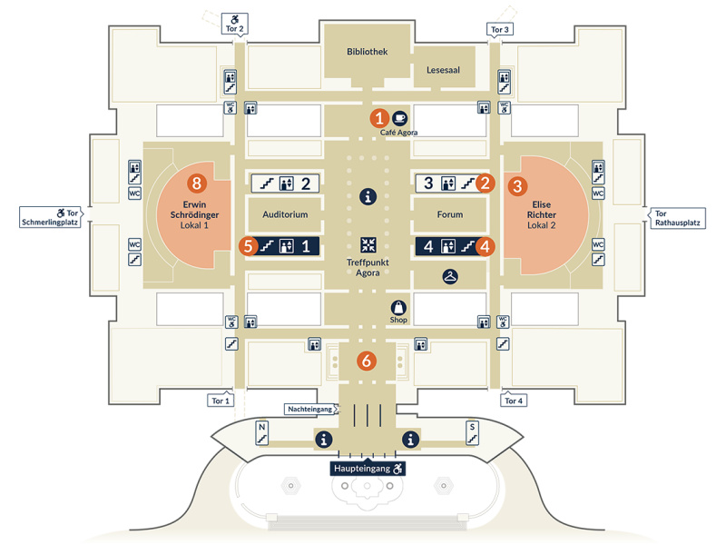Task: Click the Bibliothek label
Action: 367,52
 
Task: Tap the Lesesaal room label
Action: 438,70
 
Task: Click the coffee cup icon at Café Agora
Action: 399,117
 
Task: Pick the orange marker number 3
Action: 517,185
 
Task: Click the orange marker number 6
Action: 367,360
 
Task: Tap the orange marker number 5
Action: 246,244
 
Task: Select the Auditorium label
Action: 286,215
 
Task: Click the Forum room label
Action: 449,215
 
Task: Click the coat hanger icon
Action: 449,276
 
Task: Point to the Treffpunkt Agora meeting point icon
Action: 368,243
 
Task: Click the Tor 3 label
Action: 500,30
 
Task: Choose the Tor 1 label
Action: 221,401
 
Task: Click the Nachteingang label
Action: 310,408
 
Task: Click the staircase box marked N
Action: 261,431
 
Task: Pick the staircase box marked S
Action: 472,432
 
